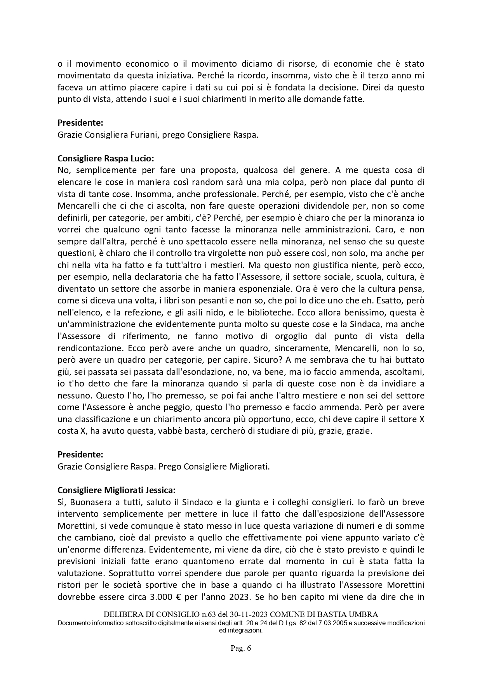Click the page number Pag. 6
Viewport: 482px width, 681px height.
click(241, 648)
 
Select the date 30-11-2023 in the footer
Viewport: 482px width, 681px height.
click(247, 615)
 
